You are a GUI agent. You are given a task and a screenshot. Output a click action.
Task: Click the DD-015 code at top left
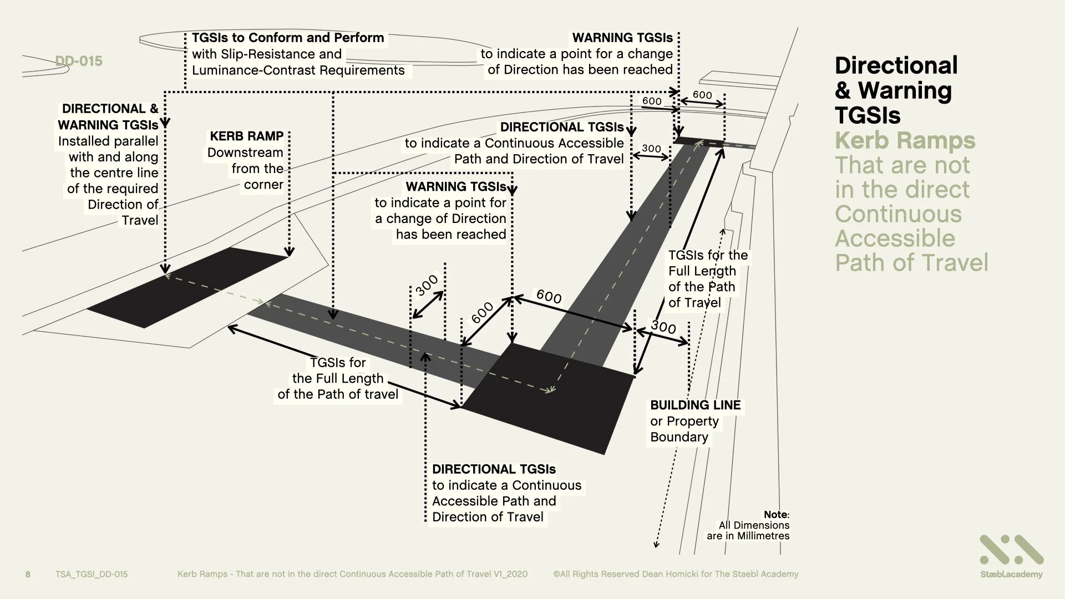coord(79,61)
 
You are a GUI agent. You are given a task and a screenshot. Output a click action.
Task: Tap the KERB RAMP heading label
coord(246,136)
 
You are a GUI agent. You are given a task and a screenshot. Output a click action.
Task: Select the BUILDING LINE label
coord(695,405)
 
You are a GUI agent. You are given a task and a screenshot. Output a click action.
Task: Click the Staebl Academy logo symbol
coord(1011,550)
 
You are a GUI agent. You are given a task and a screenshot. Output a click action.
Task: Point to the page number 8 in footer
coord(28,574)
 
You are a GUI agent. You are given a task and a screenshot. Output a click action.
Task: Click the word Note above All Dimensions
coord(775,515)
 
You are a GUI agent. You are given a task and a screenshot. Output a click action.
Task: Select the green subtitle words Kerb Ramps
coord(905,140)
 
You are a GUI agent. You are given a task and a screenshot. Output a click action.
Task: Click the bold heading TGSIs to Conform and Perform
coord(288,38)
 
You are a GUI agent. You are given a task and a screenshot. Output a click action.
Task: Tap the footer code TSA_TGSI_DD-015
coord(92,574)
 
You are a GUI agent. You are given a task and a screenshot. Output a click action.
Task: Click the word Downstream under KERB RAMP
coord(245,153)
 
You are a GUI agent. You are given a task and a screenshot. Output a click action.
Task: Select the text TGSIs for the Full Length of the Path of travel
coord(338,379)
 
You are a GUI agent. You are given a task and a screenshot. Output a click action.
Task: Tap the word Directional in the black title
coord(896,65)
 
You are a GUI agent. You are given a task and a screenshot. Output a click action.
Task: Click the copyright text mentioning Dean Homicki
coord(676,574)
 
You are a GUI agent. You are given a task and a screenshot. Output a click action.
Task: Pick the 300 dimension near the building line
coord(663,327)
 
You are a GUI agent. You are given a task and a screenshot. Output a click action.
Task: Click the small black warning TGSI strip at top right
coord(699,141)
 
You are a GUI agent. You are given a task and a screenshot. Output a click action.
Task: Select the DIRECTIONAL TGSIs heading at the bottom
coord(494,469)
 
